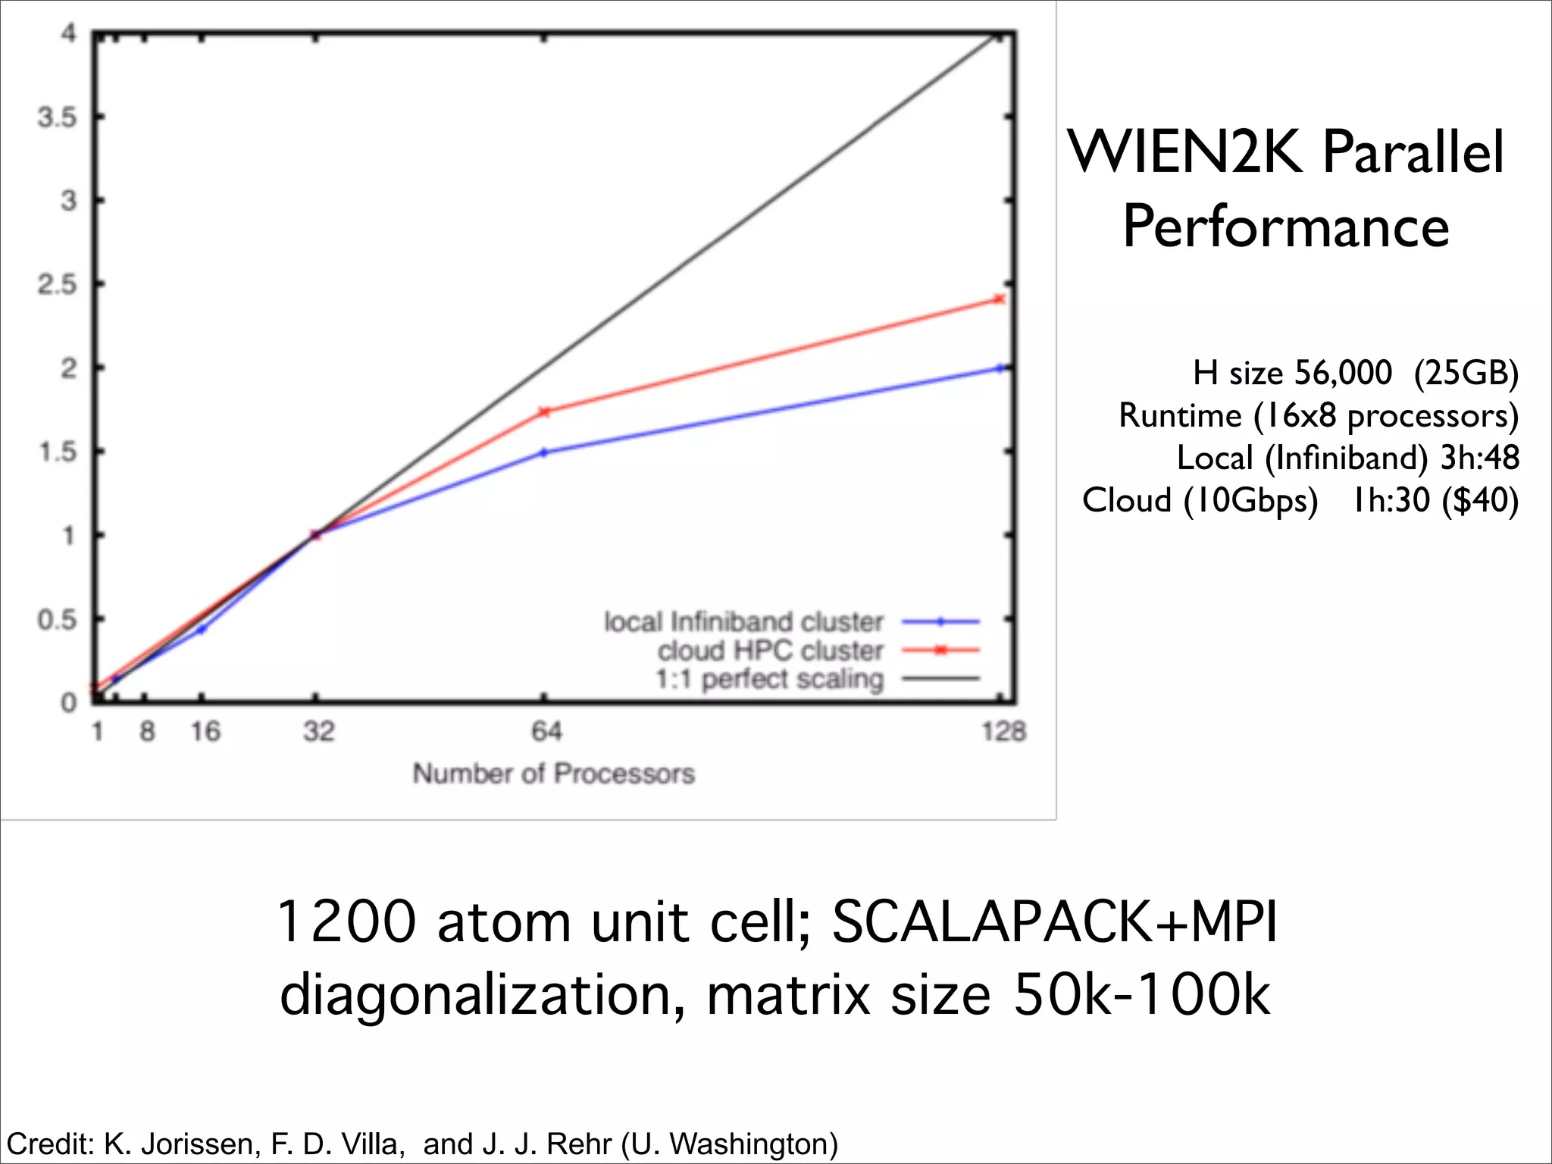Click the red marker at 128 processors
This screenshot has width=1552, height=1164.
click(1000, 299)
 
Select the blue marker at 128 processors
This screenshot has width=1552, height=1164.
click(1000, 368)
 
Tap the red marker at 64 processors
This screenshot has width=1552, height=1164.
click(544, 411)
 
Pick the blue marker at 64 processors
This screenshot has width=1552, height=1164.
click(544, 452)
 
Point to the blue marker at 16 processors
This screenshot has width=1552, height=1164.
click(202, 629)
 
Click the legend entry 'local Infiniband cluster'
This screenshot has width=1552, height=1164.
click(743, 622)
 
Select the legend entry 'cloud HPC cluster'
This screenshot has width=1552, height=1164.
click(770, 650)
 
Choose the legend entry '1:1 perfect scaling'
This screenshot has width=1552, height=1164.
click(769, 679)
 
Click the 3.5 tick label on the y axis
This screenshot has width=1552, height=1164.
click(58, 117)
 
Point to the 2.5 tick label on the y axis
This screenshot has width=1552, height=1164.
click(58, 285)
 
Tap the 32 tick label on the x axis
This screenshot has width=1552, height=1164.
click(318, 731)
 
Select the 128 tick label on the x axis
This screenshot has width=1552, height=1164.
click(1003, 731)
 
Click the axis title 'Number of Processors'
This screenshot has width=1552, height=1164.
click(553, 774)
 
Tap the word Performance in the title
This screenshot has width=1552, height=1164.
click(1286, 227)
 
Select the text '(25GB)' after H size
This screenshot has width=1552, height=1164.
click(1466, 373)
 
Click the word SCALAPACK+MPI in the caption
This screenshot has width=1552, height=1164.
click(1054, 921)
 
